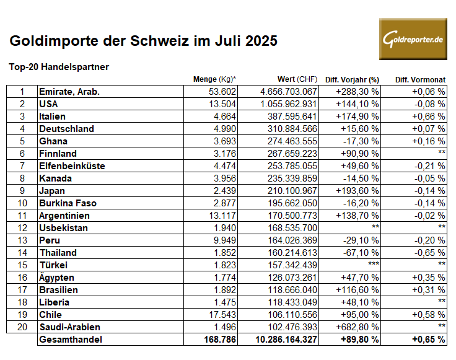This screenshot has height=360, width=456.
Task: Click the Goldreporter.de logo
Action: [413, 39]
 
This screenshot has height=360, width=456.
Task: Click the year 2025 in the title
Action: [261, 41]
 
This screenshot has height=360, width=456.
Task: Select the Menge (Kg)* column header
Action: [214, 79]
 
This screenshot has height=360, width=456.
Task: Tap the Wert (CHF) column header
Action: [297, 79]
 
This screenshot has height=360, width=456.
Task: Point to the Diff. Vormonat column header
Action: [420, 80]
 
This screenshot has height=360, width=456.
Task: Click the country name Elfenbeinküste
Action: [72, 166]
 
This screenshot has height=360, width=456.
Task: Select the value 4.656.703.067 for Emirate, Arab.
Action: [289, 92]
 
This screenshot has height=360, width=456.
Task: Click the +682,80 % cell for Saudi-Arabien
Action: [357, 327]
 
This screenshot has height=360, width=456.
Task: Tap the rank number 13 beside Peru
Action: [22, 240]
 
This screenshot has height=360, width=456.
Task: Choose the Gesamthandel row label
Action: [71, 340]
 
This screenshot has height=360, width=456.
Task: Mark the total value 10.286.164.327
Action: [286, 340]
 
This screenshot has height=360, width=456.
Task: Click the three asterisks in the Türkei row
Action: [374, 264]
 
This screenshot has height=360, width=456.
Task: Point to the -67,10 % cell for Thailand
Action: [361, 253]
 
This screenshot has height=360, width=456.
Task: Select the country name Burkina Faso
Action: [68, 203]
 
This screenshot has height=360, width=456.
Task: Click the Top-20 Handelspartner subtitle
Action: [59, 67]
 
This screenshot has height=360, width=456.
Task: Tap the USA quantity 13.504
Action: [222, 104]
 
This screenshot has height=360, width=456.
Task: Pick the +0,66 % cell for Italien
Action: [428, 116]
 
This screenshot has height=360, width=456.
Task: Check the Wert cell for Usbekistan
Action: [292, 228]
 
